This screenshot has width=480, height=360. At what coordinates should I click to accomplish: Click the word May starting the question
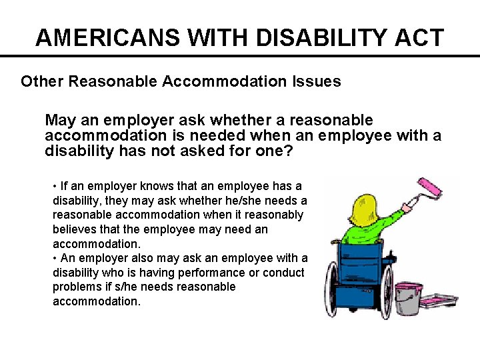tap(60, 121)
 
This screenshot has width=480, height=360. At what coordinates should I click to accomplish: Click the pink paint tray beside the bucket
tap(440, 301)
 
